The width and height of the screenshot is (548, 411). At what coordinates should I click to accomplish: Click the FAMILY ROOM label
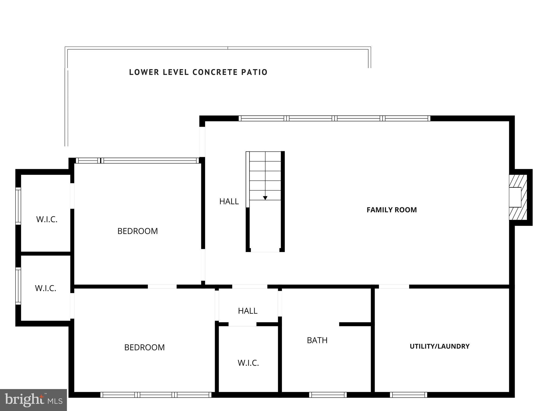click(391, 210)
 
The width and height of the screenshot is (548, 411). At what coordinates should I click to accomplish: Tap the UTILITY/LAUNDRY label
click(439, 346)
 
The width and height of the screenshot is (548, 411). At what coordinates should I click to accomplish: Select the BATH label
click(317, 340)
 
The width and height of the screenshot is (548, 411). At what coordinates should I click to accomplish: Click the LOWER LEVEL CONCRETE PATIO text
click(198, 72)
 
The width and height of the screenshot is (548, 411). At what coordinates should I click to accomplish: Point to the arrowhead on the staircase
click(265, 198)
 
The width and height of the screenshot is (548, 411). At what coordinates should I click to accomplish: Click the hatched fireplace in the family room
click(518, 197)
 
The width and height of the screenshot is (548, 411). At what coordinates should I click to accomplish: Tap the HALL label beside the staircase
click(229, 201)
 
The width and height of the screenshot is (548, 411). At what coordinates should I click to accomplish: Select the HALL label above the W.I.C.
click(248, 311)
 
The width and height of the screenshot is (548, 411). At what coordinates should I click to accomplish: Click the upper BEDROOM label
click(138, 231)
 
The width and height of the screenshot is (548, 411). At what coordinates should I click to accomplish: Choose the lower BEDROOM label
click(144, 347)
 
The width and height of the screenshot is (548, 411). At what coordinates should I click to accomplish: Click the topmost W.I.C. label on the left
click(47, 219)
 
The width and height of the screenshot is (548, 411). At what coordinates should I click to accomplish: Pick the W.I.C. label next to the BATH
click(248, 363)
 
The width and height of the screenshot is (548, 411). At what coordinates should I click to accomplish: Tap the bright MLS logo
click(33, 400)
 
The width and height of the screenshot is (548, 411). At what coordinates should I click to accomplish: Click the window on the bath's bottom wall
click(328, 395)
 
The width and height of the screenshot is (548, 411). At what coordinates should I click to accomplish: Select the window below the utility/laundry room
click(408, 395)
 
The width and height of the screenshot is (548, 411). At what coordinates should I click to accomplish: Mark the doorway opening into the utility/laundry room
click(394, 287)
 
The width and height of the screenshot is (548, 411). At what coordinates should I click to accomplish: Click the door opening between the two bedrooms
click(162, 287)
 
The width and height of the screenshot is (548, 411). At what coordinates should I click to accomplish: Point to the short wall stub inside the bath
click(355, 324)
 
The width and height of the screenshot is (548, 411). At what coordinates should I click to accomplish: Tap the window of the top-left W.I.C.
click(18, 206)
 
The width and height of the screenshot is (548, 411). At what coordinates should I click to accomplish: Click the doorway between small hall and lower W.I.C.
click(242, 324)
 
